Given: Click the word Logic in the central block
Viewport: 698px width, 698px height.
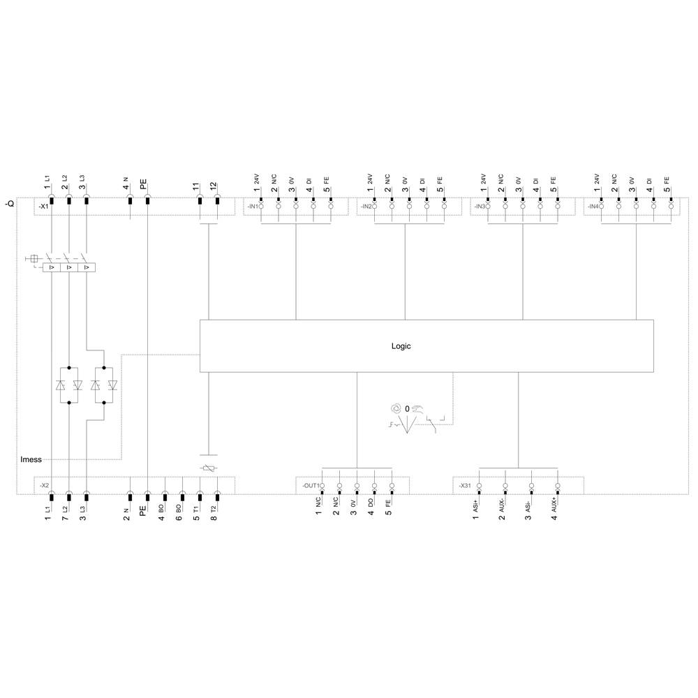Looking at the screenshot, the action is point(401,346).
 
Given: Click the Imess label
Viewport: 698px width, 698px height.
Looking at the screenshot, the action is point(31,459).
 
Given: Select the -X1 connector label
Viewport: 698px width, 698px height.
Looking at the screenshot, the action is point(43,207).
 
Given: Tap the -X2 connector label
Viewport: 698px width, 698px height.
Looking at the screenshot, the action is point(43,484).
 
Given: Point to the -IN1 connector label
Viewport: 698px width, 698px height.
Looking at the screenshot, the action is point(251,207).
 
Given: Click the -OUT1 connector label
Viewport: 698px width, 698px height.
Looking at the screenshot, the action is point(311,484).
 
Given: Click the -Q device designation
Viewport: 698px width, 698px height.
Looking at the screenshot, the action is point(10,205).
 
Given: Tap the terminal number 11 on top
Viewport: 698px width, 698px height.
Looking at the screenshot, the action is point(196,187).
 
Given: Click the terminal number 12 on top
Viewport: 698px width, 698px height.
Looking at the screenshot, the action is point(214,187).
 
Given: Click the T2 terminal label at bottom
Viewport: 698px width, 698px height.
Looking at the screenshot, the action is point(214,510).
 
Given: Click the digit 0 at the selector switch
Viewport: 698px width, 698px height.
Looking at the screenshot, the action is point(406,408).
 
